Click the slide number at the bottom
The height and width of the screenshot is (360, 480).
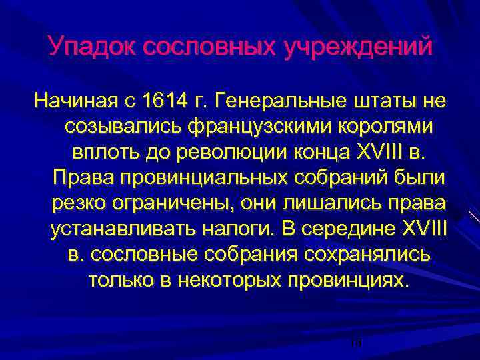355,342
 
